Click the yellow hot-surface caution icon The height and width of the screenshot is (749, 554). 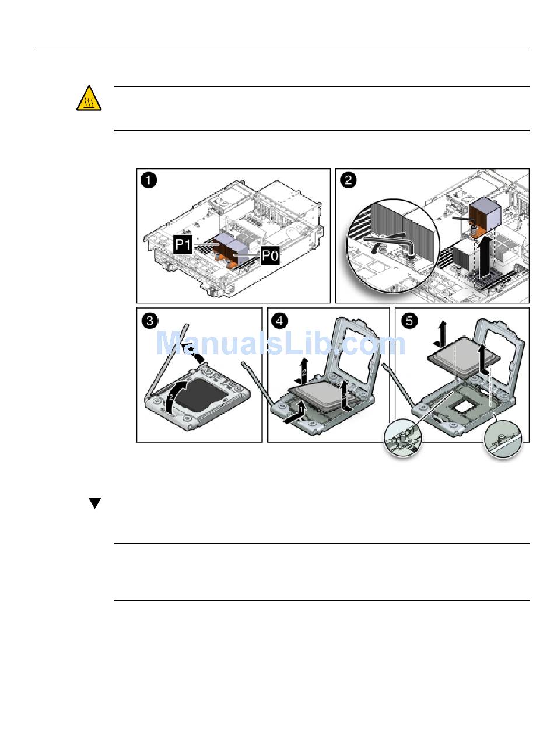[89, 98]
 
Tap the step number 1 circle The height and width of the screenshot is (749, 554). [149, 181]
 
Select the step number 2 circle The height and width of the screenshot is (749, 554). [348, 181]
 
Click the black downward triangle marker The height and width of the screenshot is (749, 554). [95, 503]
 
